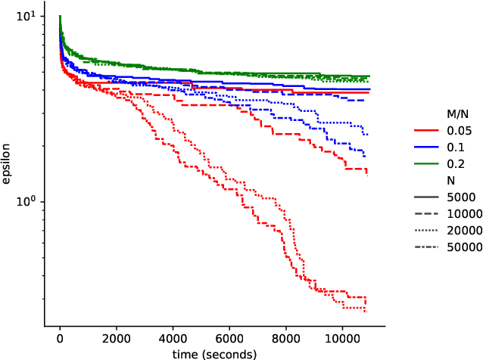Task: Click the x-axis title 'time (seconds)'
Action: point(215,353)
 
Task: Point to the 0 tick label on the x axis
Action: point(60,337)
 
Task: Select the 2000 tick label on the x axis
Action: point(116,337)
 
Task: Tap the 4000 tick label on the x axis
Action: point(173,337)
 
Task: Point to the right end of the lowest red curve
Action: point(366,311)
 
